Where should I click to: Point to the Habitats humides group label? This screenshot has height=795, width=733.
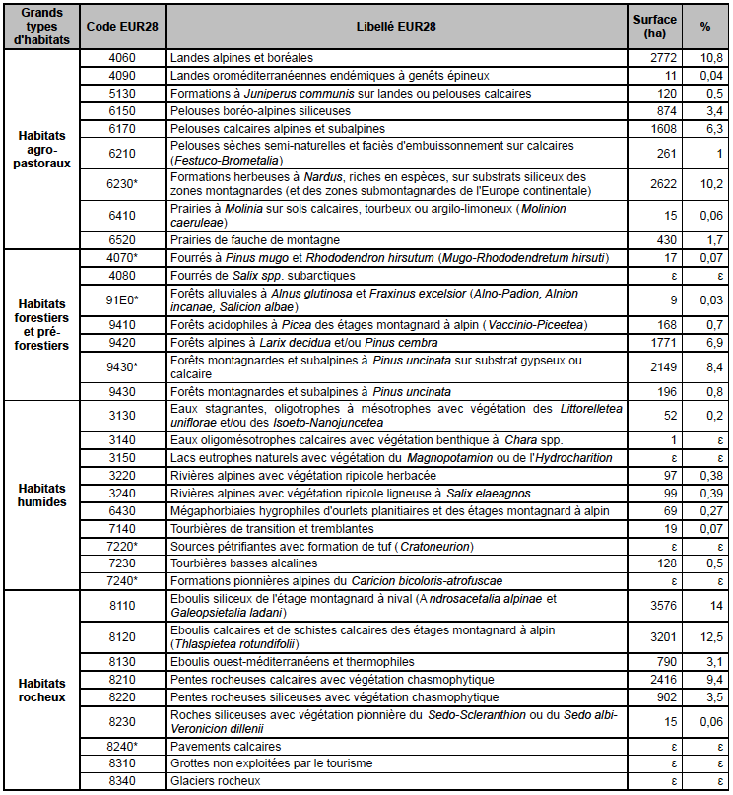click(42, 495)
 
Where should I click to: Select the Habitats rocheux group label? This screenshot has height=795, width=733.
click(42, 690)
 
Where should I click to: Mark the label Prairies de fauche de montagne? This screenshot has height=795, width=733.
click(254, 239)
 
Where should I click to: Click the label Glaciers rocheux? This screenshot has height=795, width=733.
click(216, 781)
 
